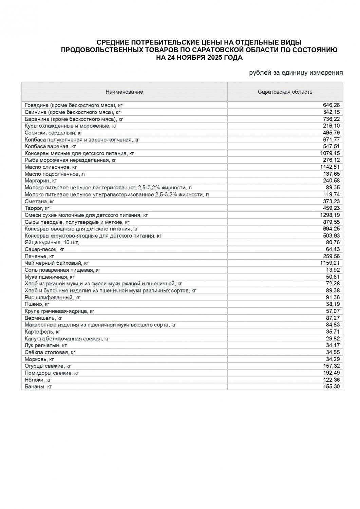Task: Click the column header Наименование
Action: (x=124, y=92)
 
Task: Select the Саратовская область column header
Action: (x=285, y=92)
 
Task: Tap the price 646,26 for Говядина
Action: (x=331, y=105)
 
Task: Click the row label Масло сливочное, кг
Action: (x=51, y=167)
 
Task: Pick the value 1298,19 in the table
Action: (x=330, y=215)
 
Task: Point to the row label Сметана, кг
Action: (x=40, y=201)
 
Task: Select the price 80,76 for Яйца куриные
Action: (x=333, y=242)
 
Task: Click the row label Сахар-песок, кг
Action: (x=44, y=249)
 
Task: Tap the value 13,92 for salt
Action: (x=333, y=270)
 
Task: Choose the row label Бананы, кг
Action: (x=38, y=387)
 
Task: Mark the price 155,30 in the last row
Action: (x=331, y=387)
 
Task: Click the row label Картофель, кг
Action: (x=43, y=332)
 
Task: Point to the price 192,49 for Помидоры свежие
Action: (x=331, y=373)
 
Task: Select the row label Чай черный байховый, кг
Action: (x=57, y=263)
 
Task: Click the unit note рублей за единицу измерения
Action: (x=296, y=73)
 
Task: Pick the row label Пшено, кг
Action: (x=37, y=304)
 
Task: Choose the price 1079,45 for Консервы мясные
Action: (x=330, y=153)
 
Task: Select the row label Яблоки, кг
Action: (x=38, y=380)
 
